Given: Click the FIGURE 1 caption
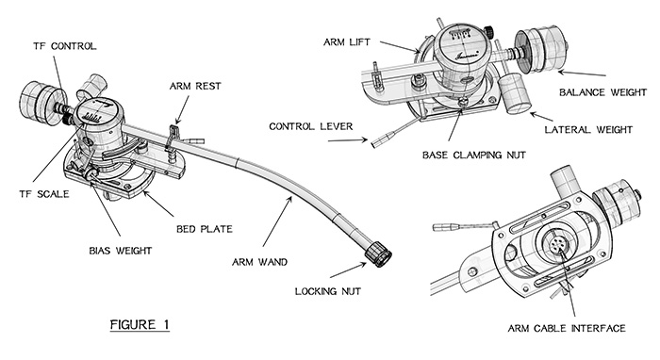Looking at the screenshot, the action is coord(140,325).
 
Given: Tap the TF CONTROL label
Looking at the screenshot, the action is coord(65,46).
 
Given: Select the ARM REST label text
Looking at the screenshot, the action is coord(195,86).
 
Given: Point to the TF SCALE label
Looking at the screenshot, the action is coord(44,194).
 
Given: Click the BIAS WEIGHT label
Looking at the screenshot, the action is coord(121,251).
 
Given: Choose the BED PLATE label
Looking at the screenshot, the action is coord(205,229).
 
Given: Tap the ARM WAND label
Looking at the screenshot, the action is coord(259,262).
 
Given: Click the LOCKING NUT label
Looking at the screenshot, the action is coord(328,291).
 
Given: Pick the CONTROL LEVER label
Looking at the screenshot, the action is coord(311,126).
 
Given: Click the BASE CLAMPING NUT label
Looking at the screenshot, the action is coord(474,155).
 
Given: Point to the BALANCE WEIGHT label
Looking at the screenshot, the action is coord(602,92).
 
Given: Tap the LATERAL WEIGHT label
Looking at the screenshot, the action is coord(588,130).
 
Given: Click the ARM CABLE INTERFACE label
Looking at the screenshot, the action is coord(567,328).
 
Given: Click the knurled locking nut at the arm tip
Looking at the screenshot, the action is coord(378,254).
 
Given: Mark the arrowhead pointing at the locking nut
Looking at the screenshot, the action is coord(364,264).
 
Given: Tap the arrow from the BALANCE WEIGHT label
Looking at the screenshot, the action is coord(582,74).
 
